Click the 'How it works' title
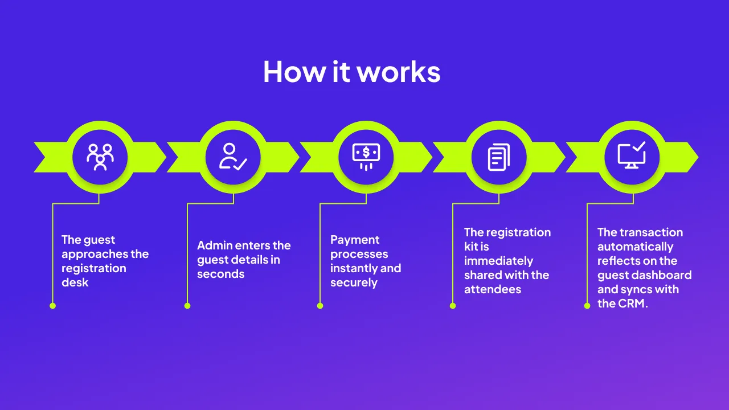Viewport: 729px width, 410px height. (351, 72)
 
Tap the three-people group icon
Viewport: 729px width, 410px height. (100, 157)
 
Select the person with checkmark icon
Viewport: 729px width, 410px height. (233, 157)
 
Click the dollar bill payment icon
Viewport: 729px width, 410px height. (366, 155)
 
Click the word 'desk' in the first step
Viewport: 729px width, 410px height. (75, 282)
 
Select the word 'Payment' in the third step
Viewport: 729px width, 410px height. (355, 240)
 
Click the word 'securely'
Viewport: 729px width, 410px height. (354, 282)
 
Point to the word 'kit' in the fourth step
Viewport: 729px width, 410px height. (473, 247)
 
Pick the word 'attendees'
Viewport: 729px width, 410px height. (493, 289)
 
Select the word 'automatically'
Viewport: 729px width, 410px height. (635, 247)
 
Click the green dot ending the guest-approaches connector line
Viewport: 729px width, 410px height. (52, 306)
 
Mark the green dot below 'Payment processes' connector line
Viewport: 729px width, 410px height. (320, 306)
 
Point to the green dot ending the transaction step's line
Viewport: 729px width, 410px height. (587, 306)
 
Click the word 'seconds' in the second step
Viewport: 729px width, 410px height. (220, 274)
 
